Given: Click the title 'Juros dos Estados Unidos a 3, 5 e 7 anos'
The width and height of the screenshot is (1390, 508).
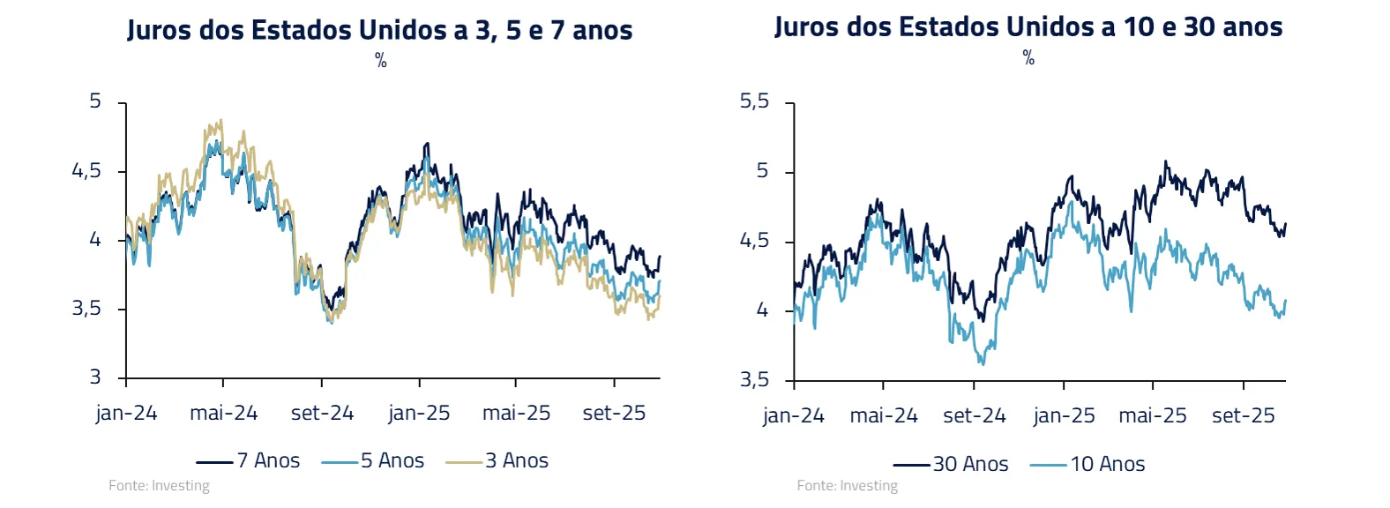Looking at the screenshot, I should [x=380, y=30].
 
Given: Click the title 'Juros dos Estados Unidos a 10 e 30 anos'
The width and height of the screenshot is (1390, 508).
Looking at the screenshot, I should [x=1028, y=27].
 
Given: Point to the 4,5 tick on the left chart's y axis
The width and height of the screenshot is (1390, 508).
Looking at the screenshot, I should [x=86, y=170].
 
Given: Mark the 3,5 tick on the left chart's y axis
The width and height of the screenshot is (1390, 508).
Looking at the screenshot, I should [x=86, y=309].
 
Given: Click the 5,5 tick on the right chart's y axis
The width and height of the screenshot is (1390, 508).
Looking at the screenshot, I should [x=754, y=101].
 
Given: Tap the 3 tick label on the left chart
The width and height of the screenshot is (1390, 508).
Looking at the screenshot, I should [x=95, y=377].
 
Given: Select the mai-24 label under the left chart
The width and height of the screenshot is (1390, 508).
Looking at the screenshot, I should [x=224, y=413].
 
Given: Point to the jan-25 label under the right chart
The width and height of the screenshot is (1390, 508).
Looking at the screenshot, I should [x=1064, y=415].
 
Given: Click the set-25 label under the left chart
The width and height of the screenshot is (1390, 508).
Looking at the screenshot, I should [x=614, y=413].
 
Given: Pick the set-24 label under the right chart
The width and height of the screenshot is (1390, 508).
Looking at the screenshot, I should [x=974, y=415].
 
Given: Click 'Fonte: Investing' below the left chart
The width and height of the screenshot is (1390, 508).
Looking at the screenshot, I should [x=159, y=485].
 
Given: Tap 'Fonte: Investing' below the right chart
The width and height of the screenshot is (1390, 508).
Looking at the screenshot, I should [x=847, y=485].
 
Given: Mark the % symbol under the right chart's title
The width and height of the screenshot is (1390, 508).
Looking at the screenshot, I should [x=1028, y=57].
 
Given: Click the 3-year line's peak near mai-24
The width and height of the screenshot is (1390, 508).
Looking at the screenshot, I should [x=220, y=121].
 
